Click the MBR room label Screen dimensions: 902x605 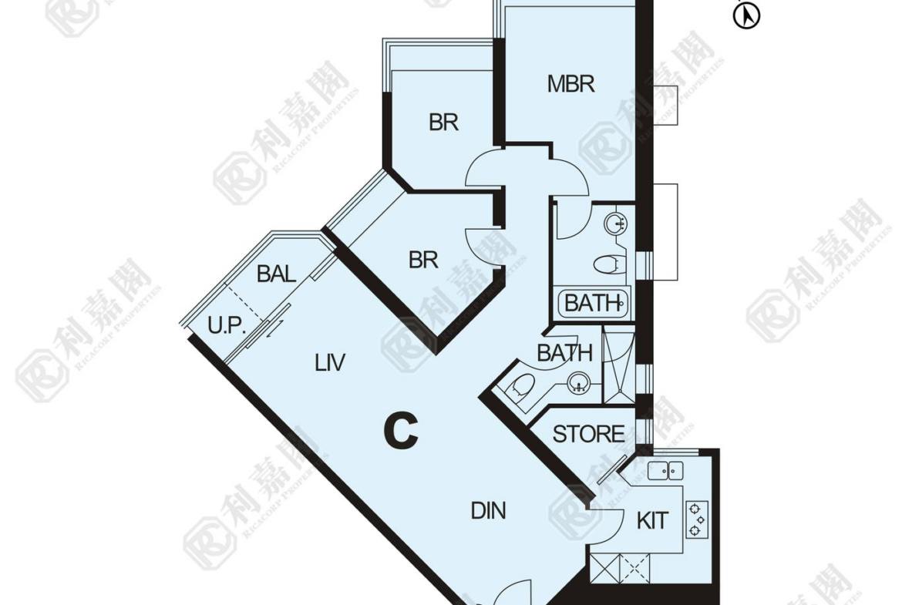pos(570,84)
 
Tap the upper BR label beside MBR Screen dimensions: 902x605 pos(443,123)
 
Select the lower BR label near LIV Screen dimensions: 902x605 pos(423,260)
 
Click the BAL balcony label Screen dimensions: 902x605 pos(277,274)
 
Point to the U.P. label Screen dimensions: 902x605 pos(227,326)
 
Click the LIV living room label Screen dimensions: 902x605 pos(330,362)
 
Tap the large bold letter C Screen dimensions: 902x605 pos(400,431)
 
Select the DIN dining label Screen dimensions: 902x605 pos(489,511)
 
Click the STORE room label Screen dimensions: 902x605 pos(588,434)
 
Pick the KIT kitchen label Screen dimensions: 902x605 pos(652,521)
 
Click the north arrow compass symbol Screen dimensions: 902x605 pos(747,15)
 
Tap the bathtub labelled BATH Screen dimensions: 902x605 pos(593,302)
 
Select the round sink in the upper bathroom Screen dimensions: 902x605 pos(615,224)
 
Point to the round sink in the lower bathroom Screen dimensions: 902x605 pos(578,383)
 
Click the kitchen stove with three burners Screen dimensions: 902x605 pos(697,519)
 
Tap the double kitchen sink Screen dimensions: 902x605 pos(665,470)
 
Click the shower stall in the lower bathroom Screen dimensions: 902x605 pos(618,365)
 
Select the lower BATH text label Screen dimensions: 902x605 pos(564,352)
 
